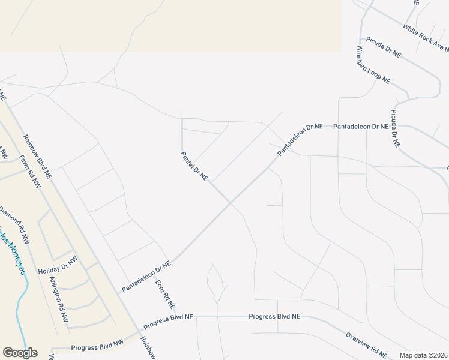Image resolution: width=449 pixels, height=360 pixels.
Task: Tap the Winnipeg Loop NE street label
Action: (373, 64)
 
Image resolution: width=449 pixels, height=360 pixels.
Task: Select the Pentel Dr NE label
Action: (194, 166)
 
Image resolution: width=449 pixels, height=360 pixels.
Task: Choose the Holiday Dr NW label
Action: (58, 266)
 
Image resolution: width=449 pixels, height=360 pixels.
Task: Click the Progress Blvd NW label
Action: (97, 347)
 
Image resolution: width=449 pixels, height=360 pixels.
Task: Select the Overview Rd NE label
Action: (366, 344)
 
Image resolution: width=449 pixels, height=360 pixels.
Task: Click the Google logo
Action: (20, 352)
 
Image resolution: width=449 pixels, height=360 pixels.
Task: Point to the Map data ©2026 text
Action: (423, 355)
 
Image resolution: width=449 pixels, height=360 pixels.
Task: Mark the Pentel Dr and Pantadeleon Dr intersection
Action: (229, 203)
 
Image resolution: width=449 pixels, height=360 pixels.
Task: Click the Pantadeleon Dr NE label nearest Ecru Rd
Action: (147, 276)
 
